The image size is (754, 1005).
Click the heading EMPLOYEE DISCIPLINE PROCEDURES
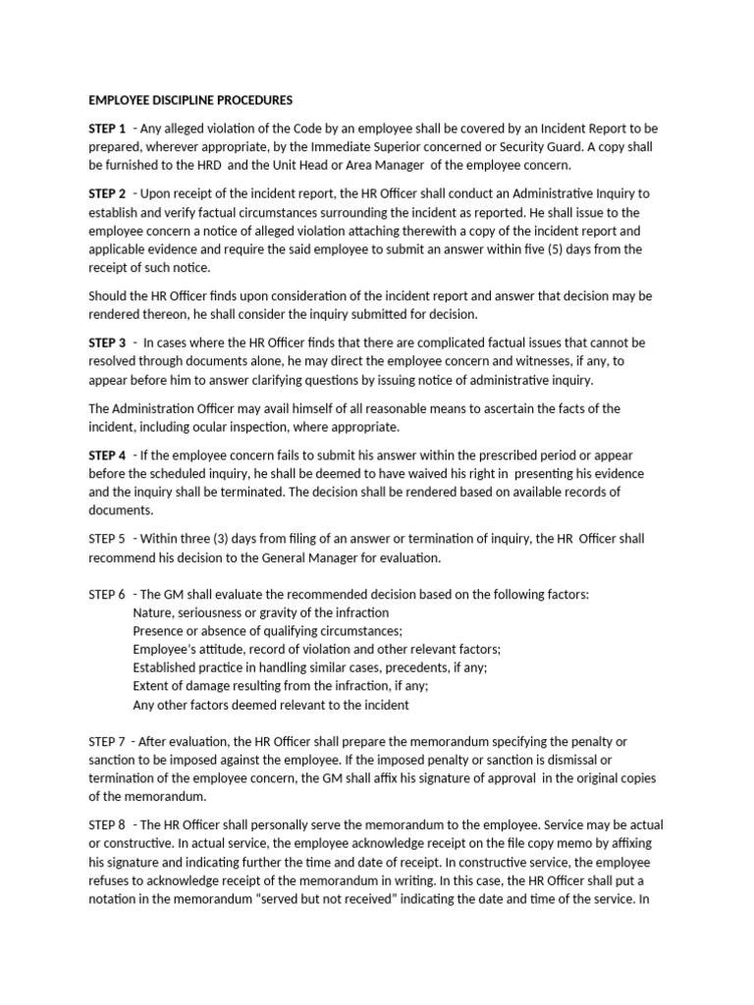tap(190, 100)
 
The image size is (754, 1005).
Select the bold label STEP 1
tap(107, 129)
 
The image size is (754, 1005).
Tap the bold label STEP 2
tap(107, 193)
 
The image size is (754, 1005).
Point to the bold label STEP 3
tap(107, 343)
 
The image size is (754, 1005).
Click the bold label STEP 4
tap(107, 454)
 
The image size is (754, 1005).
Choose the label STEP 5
tap(107, 539)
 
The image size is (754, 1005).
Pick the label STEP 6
tap(107, 595)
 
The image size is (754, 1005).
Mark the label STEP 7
tap(107, 741)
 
